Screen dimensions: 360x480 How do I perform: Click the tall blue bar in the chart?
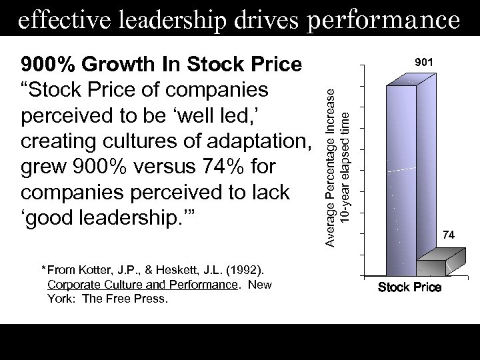pyautogui.click(x=397, y=173)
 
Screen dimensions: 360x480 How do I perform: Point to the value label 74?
pyautogui.click(x=449, y=235)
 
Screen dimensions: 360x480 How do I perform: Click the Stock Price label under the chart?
pyautogui.click(x=409, y=287)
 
